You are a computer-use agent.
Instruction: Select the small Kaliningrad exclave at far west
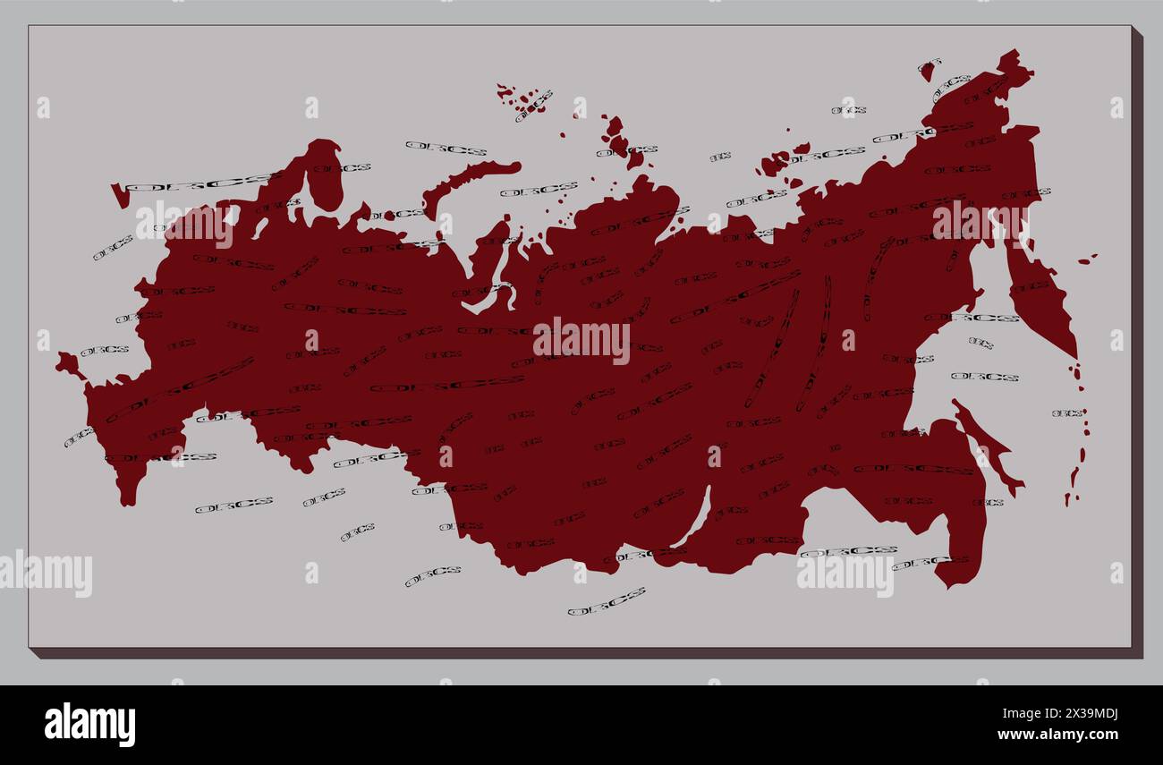tap(68, 364)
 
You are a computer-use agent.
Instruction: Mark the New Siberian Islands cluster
tap(778, 160)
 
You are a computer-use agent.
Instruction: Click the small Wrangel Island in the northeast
tap(927, 69)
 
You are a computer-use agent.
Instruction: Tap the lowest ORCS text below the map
tap(606, 601)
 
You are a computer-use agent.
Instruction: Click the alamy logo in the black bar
tap(89, 724)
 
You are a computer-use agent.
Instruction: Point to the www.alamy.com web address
tap(1057, 735)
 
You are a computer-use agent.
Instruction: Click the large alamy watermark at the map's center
tap(581, 341)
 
